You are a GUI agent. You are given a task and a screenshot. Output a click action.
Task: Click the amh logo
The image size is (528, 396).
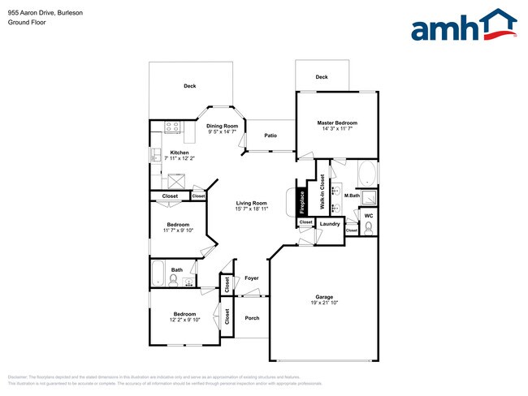click(464, 26)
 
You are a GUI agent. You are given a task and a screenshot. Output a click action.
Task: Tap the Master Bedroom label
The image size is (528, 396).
click(337, 123)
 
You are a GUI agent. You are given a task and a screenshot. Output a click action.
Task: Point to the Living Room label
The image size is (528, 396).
click(252, 203)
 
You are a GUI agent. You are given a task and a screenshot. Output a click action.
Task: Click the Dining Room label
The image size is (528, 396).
click(222, 126)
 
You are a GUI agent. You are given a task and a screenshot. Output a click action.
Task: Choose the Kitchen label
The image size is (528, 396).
click(179, 153)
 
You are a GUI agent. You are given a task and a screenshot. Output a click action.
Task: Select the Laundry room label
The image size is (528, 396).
click(329, 223)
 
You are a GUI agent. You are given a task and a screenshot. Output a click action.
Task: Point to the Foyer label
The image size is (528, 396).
click(252, 278)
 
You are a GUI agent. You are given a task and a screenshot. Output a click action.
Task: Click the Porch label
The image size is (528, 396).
click(252, 317)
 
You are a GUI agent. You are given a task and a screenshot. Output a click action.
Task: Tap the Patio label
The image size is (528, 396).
click(270, 136)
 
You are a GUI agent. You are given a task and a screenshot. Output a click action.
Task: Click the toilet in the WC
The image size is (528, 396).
click(369, 229)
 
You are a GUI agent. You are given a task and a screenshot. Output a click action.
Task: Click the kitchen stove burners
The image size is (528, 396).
click(171, 126)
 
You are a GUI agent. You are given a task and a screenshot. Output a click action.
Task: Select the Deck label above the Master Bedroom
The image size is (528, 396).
click(322, 77)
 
